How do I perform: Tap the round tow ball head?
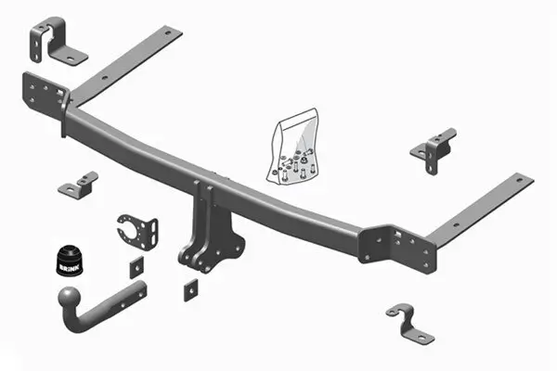tap(71, 300)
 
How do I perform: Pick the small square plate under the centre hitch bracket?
tap(192, 288)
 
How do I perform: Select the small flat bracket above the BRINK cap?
tap(78, 185)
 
